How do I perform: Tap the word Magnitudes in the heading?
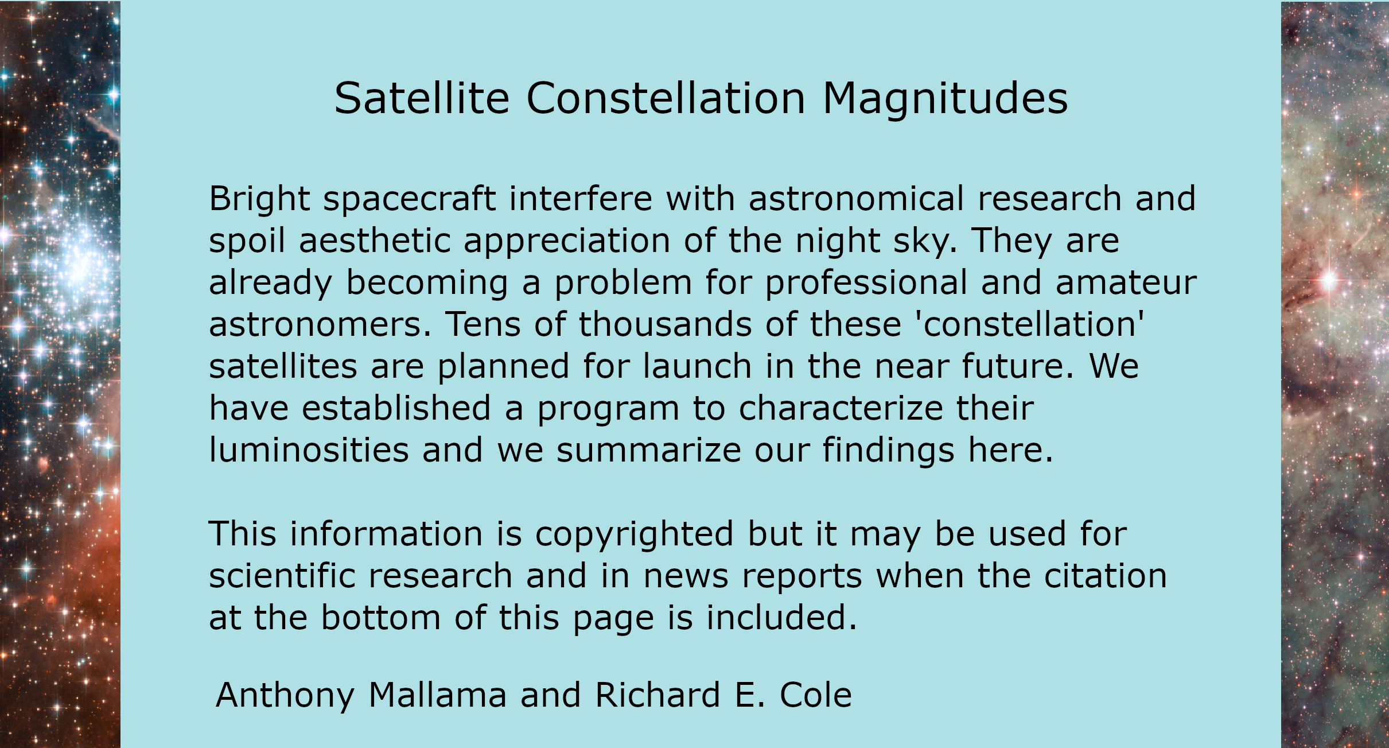point(945,99)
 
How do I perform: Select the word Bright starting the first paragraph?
point(259,200)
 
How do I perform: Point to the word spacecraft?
point(410,200)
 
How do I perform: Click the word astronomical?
point(856,199)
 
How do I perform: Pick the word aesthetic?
point(374,241)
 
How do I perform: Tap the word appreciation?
point(567,242)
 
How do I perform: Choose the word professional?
point(866,284)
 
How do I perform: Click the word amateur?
point(1126,284)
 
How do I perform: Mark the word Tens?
point(483,324)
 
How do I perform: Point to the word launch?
point(697,366)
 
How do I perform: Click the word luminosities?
point(309,450)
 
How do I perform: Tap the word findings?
point(889,451)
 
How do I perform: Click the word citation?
point(1105,576)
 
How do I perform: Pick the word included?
point(781,618)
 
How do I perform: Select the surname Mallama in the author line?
point(437,695)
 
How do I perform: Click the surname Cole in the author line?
point(815,695)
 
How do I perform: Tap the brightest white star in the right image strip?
point(1329,281)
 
